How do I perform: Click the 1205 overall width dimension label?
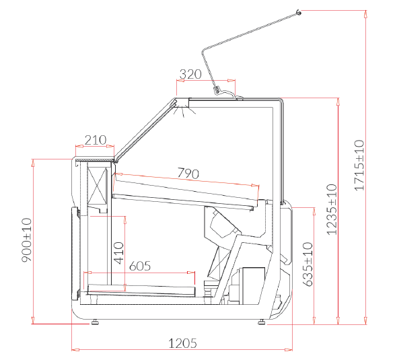point(182,344)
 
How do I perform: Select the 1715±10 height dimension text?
point(359,165)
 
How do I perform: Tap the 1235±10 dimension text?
point(332,210)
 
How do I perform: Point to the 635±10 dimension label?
point(308,264)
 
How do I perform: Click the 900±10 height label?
point(26,240)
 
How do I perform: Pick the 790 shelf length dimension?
point(188,173)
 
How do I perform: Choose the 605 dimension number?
point(140,266)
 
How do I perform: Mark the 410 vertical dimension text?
point(118,253)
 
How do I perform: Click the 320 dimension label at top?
point(190,74)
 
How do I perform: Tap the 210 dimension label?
point(96,140)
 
